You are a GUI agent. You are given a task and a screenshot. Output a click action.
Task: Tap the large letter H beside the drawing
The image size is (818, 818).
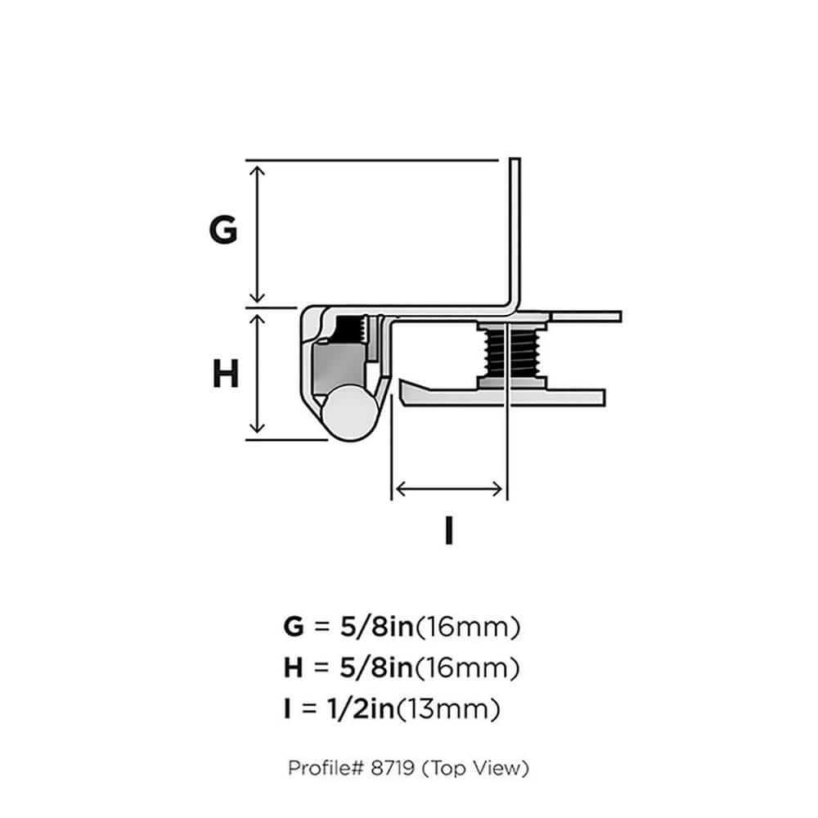coord(226,375)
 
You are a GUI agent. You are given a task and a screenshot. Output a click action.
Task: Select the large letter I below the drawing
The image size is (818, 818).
coord(448,532)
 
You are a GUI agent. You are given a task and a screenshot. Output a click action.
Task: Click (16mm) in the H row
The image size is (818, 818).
coord(467,669)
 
